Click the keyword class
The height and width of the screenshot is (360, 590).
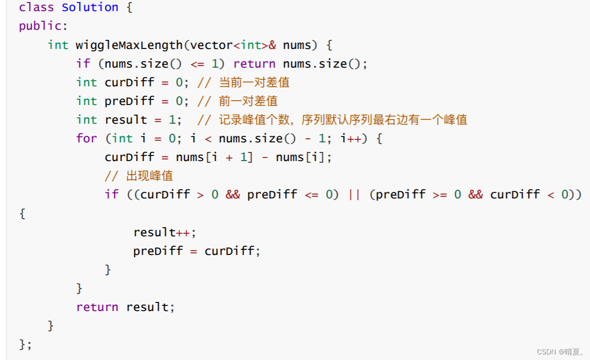(36, 8)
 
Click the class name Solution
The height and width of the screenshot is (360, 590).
(90, 8)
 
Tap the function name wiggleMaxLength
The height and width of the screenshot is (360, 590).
(129, 45)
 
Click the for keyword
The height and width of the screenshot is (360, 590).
(86, 138)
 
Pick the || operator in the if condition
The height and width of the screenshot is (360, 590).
(354, 194)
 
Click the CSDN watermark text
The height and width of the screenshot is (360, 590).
(561, 351)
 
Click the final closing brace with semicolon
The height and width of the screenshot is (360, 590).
(26, 344)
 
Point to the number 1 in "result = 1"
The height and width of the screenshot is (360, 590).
(172, 120)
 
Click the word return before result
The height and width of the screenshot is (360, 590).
(97, 307)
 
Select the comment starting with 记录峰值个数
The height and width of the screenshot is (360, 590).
(333, 120)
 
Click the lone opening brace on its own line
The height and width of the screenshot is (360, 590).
(22, 214)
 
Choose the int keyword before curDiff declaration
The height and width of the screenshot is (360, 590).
(86, 82)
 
